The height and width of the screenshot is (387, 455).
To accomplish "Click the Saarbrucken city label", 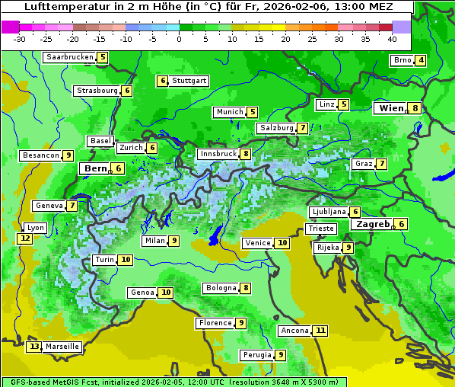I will (69, 57).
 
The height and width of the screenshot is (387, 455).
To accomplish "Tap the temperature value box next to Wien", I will (415, 109).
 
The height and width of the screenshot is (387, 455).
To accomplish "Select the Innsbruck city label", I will (218, 154).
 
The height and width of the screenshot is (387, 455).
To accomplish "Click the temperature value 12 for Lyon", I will (24, 238).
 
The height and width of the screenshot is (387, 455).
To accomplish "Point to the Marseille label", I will (62, 347).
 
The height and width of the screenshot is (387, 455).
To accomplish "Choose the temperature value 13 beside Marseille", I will (33, 347).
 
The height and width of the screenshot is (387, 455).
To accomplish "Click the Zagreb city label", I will (371, 224).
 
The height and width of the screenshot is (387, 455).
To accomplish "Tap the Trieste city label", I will (320, 229).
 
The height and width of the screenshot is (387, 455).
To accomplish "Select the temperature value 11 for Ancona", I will (320, 331).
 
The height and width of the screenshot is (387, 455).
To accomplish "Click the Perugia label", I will (256, 355).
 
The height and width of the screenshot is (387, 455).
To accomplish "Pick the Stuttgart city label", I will (189, 81).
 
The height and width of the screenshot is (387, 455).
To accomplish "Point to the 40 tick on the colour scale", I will (392, 39).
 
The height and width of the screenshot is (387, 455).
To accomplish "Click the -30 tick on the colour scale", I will (20, 39).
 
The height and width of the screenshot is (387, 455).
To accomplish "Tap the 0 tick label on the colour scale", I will (180, 39).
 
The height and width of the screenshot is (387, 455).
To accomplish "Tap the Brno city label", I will (402, 61).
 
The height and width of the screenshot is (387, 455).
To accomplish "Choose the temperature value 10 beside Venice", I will (282, 243).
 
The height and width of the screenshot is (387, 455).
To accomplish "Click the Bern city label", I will (96, 168).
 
